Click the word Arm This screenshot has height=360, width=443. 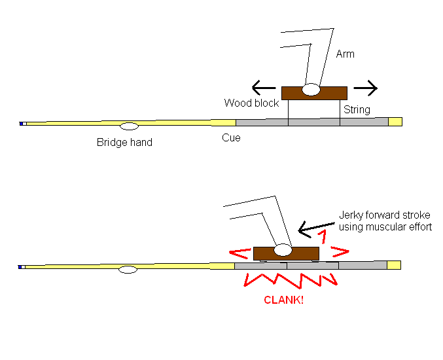tap(345, 54)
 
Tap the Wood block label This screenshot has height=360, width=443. tap(251, 103)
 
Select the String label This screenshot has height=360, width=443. tap(357, 109)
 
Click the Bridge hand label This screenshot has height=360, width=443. tap(124, 142)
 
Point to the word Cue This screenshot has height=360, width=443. tap(231, 137)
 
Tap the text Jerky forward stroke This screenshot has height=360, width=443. tap(385, 215)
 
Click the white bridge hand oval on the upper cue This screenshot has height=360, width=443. tap(129, 125)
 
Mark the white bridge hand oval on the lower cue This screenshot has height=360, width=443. tap(128, 269)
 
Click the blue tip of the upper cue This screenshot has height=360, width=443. tap(22, 123)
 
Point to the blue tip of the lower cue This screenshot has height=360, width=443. tap(22, 266)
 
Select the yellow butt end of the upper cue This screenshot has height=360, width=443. tap(395, 121)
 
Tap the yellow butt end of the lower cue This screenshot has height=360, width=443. tap(394, 264)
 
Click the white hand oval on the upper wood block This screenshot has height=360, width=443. tap(311, 89)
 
